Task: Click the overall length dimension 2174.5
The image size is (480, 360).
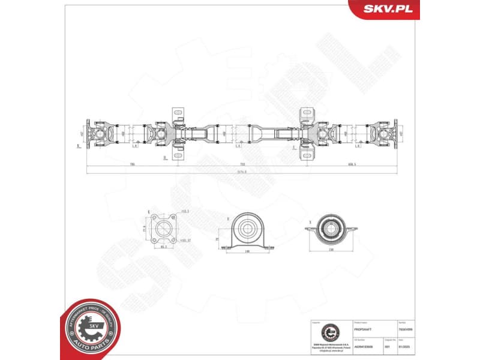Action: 241,172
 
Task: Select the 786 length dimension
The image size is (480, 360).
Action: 131,163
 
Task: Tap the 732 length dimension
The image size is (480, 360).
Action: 242,163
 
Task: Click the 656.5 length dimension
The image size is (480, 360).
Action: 352,163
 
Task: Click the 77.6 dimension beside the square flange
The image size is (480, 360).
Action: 145,229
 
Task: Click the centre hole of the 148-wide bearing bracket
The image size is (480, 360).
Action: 247,227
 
